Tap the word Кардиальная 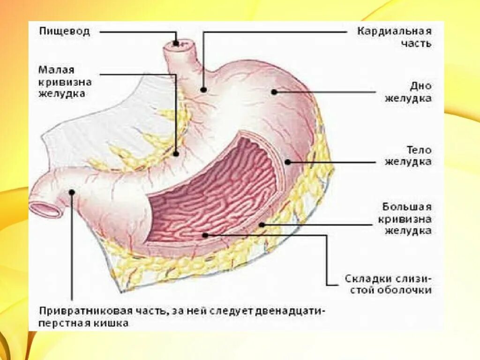(394, 32)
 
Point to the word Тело (419, 150)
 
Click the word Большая (406, 207)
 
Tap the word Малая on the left (56, 70)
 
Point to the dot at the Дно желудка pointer (274, 92)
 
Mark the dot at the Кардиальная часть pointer (203, 89)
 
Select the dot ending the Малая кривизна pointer (176, 153)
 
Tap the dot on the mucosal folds (205, 234)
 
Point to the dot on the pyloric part (72, 191)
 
